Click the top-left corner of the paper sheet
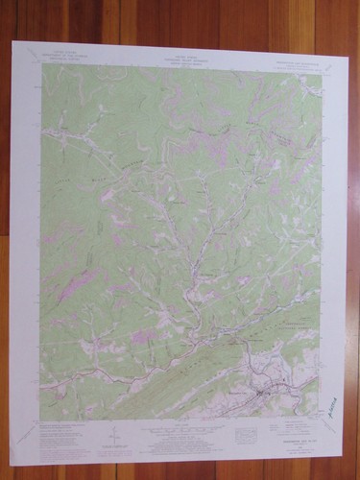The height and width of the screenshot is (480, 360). coord(12,41)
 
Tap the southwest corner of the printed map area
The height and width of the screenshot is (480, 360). coord(39,420)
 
